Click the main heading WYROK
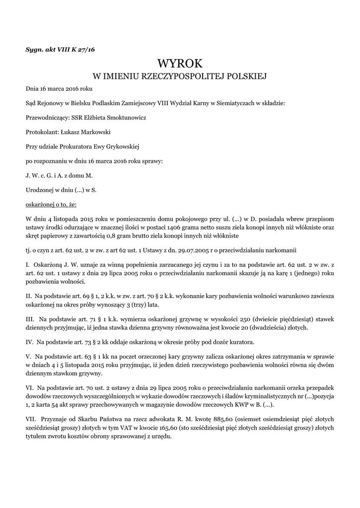[180, 63]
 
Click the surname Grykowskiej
[121, 146]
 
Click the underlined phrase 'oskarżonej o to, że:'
[51, 204]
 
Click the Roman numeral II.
[28, 296]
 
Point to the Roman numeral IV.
[29, 342]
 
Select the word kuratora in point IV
[241, 342]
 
